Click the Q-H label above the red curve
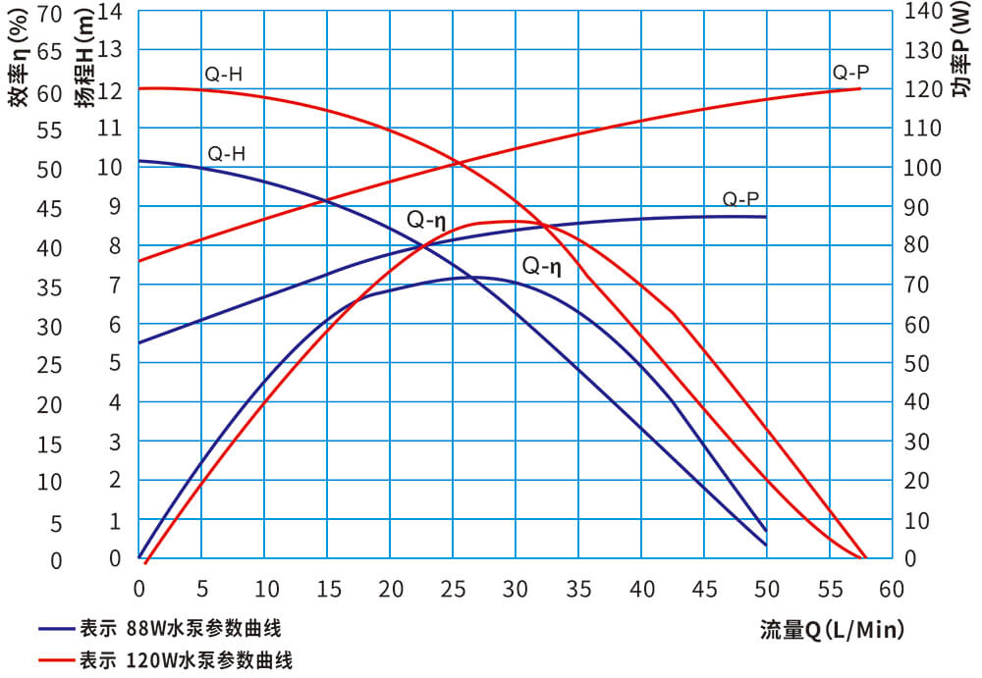coord(223,74)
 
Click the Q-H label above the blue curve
coord(226,154)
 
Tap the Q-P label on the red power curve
coord(850,72)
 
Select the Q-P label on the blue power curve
coord(741,199)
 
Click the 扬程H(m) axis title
coord(86,60)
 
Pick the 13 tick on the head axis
coord(110,49)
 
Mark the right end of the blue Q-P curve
coord(765,217)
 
